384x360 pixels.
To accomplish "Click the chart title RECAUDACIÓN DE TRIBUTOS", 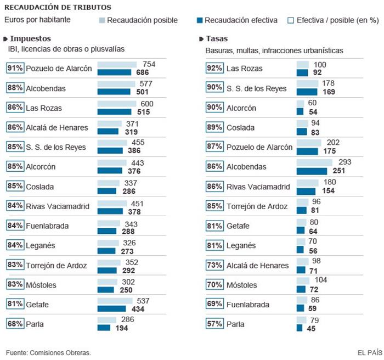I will pyautogui.click(x=57, y=7).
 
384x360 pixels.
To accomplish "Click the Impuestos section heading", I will pyautogui.click(x=30, y=38).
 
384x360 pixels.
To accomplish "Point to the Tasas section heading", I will pyautogui.click(x=217, y=38).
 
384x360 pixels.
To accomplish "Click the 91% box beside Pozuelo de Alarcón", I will pyautogui.click(x=15, y=68).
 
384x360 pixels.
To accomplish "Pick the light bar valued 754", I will pyautogui.click(x=118, y=65).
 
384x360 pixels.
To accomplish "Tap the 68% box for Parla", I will pyautogui.click(x=15, y=324).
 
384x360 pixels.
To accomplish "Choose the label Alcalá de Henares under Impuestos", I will pyautogui.click(x=57, y=127).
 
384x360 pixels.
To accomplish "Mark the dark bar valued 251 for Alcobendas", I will pyautogui.click(x=315, y=171).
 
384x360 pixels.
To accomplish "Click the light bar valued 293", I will pyautogui.click(x=314, y=163).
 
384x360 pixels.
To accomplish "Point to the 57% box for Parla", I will pyautogui.click(x=214, y=324).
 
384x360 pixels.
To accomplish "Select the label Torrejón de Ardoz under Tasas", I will pyautogui.click(x=258, y=206).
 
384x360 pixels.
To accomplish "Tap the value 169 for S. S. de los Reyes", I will pyautogui.click(x=328, y=92).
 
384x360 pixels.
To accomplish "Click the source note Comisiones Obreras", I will pyautogui.click(x=48, y=352).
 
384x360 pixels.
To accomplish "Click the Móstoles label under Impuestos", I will pyautogui.click(x=43, y=285).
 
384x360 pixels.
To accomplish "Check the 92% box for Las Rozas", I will pyautogui.click(x=214, y=68).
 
